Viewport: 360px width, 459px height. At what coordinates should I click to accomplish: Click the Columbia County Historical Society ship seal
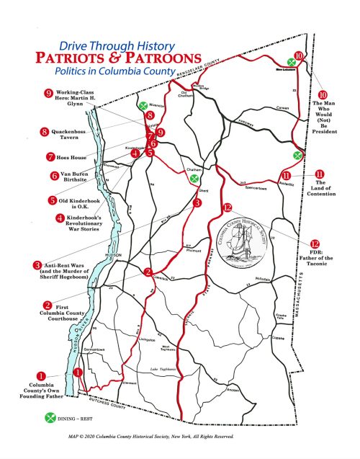[x=245, y=244]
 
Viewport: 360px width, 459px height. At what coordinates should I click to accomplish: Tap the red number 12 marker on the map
[x=228, y=208]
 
